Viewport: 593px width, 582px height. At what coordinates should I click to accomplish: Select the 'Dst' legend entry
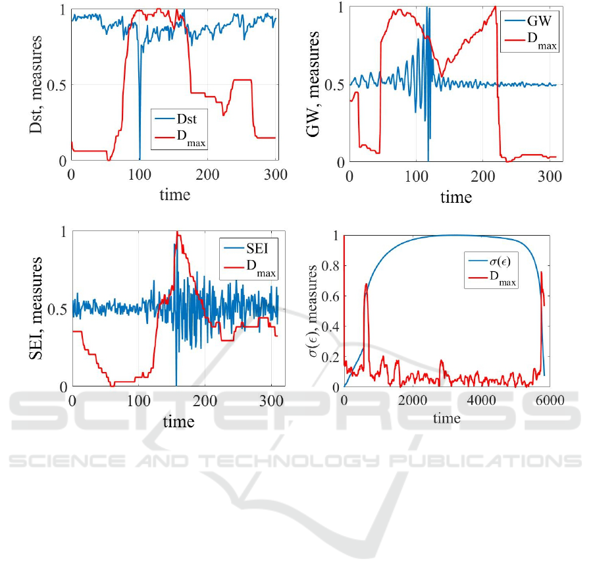194,120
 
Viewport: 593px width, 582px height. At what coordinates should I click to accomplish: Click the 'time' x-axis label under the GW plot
456,197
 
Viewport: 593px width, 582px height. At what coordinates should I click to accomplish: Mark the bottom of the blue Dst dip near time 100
140,159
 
